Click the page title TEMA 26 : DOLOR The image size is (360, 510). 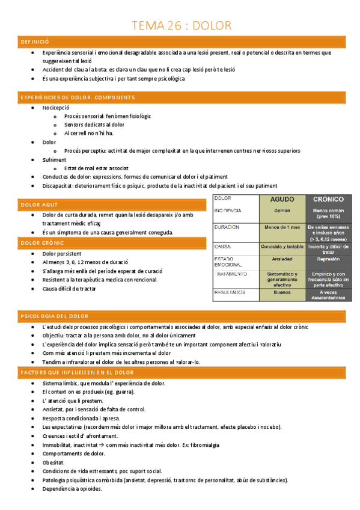tap(181, 25)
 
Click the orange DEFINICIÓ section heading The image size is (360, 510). tap(34, 41)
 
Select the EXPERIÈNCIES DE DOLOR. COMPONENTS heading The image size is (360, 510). tap(78, 97)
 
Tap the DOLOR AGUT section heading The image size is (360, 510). tap(39, 205)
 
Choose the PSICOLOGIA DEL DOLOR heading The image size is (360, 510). tap(54, 316)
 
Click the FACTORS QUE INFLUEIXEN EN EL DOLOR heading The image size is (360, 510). tap(78, 373)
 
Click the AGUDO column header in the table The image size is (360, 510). tap(282, 199)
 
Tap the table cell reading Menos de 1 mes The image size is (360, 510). tap(282, 227)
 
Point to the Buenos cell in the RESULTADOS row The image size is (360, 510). tap(282, 292)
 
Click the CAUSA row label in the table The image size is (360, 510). tap(223, 247)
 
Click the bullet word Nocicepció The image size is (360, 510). tap(56, 107)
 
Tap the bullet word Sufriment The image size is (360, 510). tap(54, 159)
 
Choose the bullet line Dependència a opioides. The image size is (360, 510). tap(72, 489)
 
